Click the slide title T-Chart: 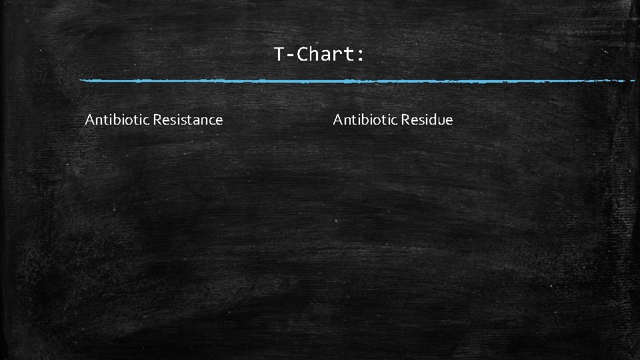click(319, 54)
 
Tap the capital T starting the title click(279, 54)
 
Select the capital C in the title click(303, 54)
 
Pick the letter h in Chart click(315, 54)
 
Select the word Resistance click(188, 120)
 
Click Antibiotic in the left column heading click(117, 120)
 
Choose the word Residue click(427, 120)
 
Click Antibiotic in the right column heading click(365, 120)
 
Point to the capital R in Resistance click(157, 120)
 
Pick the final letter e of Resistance click(219, 121)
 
